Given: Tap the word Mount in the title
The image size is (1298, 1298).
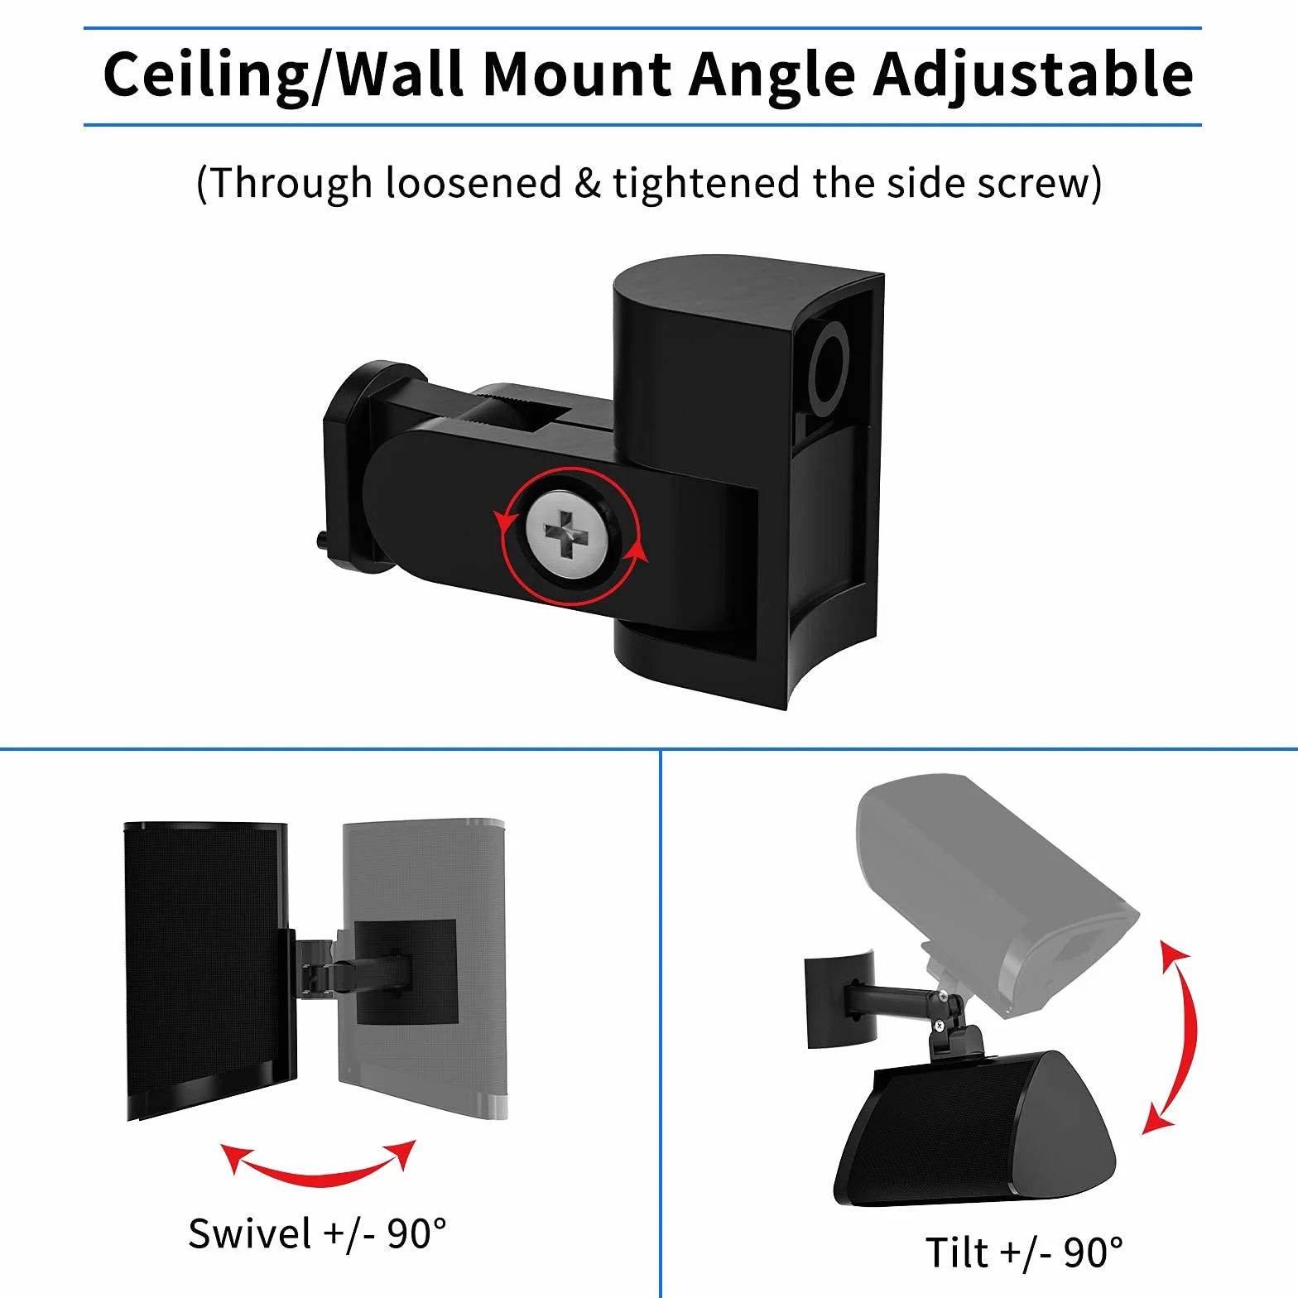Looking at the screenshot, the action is click(x=577, y=74).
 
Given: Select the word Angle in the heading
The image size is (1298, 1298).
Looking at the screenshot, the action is click(x=772, y=76).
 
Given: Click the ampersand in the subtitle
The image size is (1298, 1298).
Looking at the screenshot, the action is click(x=587, y=183).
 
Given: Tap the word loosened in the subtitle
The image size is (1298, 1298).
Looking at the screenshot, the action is click(x=474, y=182).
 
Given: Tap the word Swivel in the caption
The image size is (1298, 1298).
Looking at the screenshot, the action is click(x=249, y=1233).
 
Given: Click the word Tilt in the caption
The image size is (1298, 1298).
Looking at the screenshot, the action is click(x=956, y=1252).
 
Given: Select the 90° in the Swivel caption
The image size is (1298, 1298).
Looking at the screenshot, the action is click(x=416, y=1233).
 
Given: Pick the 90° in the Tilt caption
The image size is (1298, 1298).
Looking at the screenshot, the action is click(x=1093, y=1252).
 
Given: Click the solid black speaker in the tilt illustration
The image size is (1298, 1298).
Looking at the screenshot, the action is click(x=974, y=1130).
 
